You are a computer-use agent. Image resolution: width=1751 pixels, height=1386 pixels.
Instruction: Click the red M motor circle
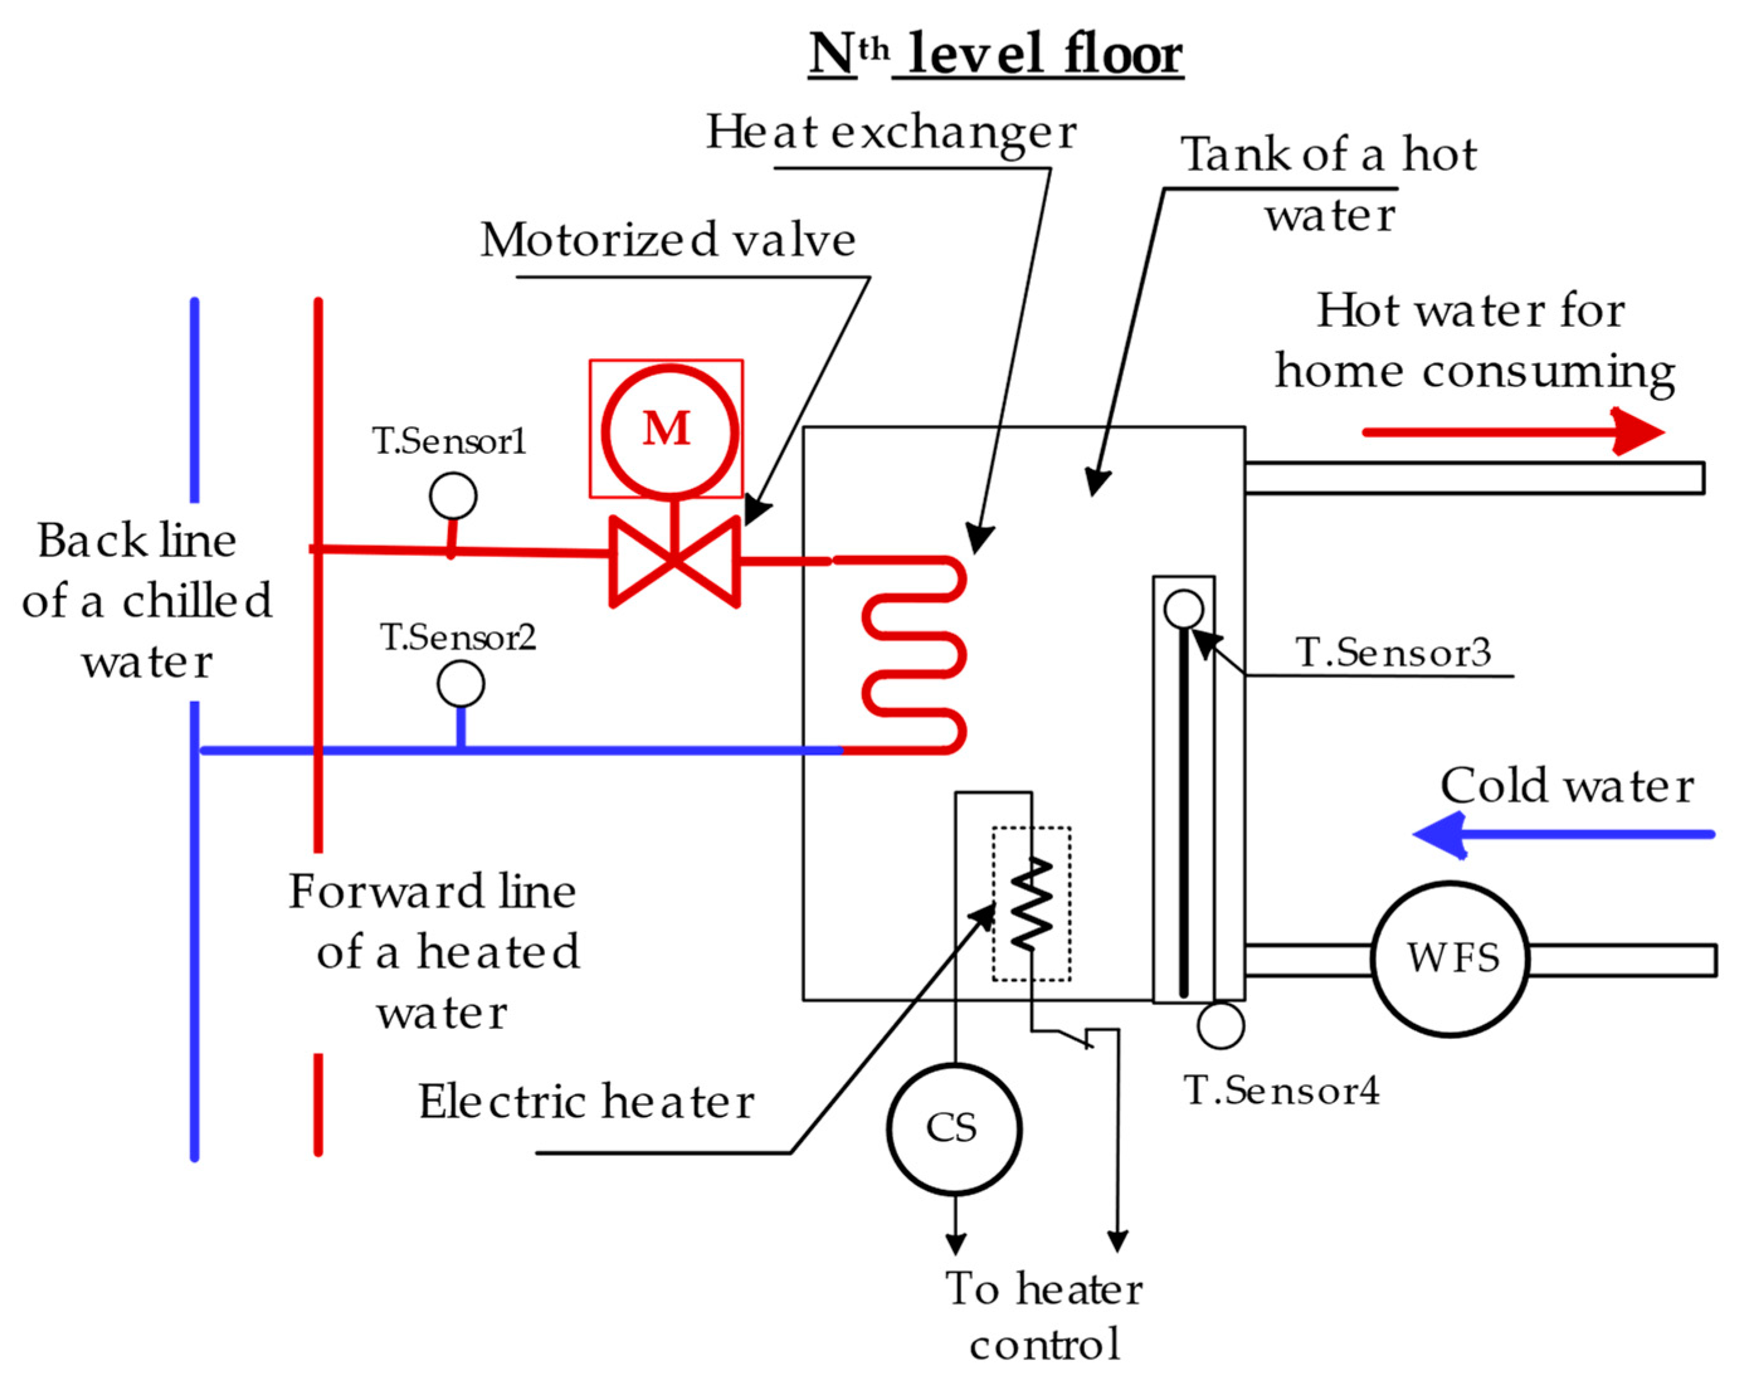[x=669, y=430]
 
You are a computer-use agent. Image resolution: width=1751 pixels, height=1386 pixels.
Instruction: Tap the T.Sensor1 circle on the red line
[x=453, y=496]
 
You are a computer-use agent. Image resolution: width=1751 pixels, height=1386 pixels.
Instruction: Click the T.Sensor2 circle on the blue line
[x=460, y=684]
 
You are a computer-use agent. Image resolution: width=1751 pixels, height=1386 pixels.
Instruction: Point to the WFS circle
[x=1450, y=959]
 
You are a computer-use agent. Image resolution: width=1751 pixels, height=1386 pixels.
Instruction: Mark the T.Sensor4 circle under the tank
[x=1220, y=1026]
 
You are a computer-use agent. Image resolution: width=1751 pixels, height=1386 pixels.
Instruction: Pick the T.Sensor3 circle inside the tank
[x=1183, y=608]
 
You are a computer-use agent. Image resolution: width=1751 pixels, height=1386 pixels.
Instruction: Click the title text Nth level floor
[x=996, y=54]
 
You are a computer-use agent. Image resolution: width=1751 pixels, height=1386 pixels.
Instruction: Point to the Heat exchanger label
[x=891, y=131]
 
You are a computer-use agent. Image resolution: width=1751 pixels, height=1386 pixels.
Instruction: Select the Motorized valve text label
[x=667, y=240]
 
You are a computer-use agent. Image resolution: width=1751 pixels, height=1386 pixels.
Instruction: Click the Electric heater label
[x=586, y=1102]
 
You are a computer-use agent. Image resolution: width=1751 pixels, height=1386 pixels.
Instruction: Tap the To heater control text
[x=1044, y=1314]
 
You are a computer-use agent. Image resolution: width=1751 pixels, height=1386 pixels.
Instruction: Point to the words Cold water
[x=1566, y=786]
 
